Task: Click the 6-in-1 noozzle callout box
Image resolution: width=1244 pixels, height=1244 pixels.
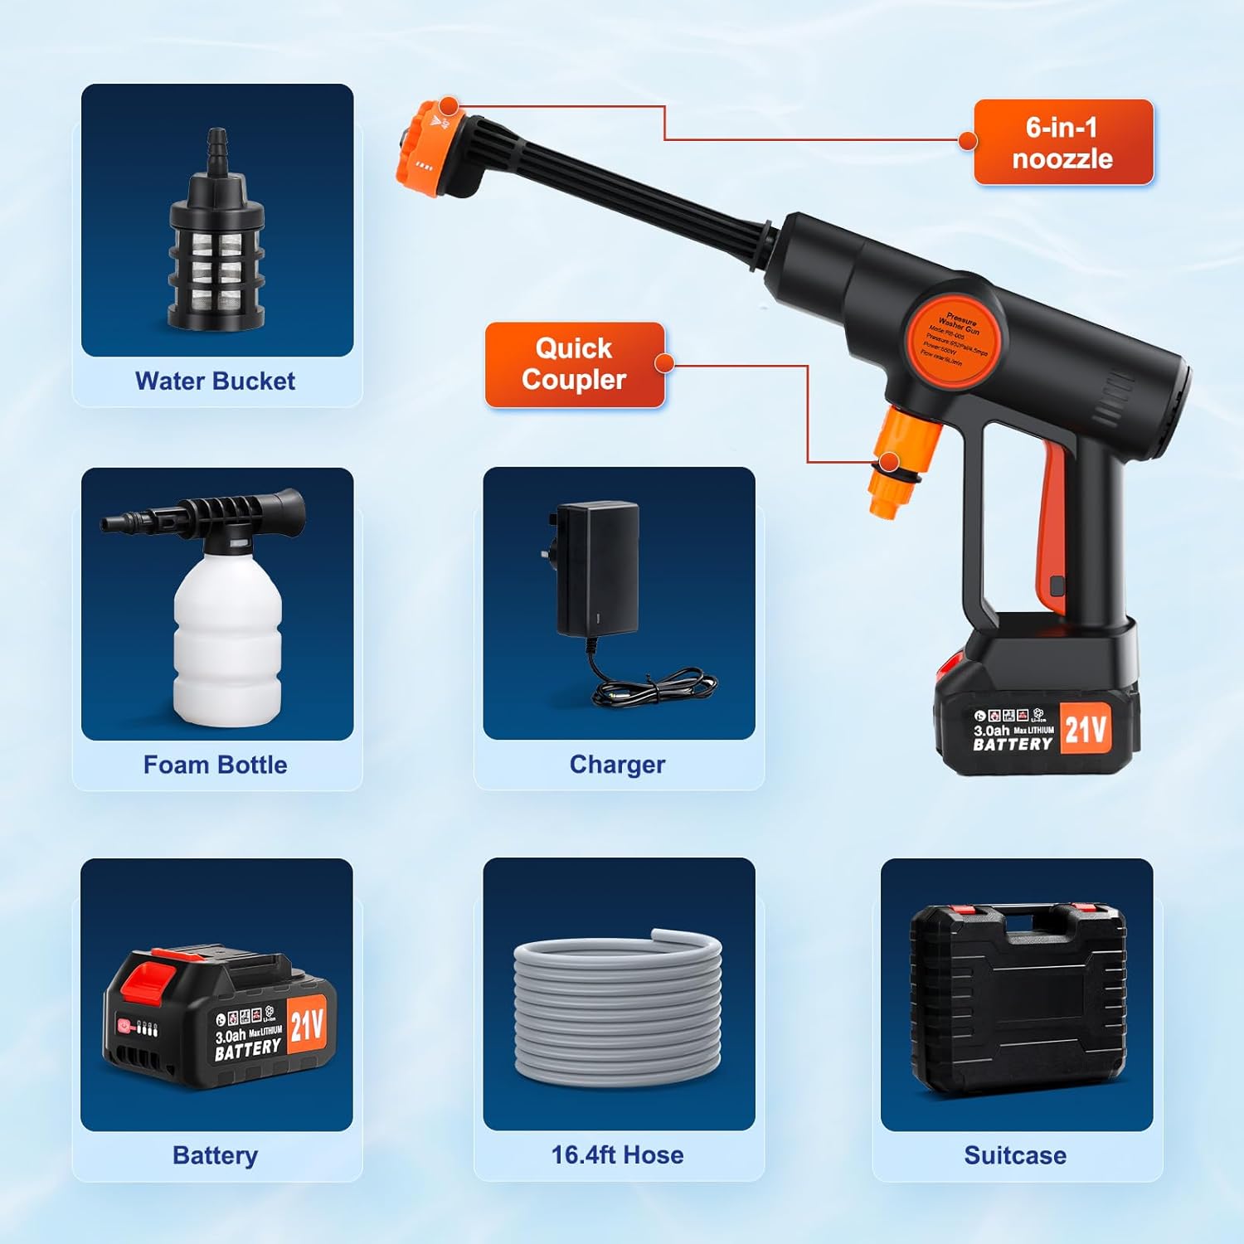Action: [1062, 142]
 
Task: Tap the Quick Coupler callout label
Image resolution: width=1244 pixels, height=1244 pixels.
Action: [574, 364]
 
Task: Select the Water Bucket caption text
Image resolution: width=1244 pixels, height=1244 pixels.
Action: [215, 381]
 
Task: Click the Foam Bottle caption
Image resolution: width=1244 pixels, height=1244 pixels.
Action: [215, 765]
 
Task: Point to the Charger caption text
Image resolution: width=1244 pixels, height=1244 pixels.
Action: [617, 765]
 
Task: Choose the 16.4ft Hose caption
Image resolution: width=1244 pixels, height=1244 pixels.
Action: [617, 1154]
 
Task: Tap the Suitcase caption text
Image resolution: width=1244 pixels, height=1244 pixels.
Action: [1015, 1155]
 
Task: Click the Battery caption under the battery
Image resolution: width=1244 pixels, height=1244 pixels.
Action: [215, 1155]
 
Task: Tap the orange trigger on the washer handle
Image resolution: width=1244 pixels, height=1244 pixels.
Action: [1052, 531]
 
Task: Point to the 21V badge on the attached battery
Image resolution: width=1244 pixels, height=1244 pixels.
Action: [1085, 730]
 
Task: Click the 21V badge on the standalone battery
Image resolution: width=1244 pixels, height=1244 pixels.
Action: [307, 1026]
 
